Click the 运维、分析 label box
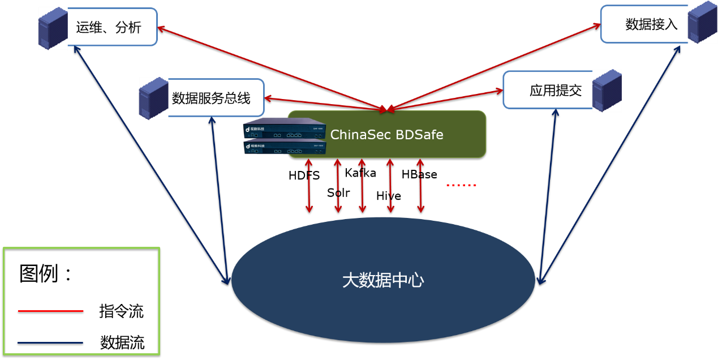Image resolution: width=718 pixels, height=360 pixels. pyautogui.click(x=109, y=27)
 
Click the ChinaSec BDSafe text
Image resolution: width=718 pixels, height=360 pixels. pyautogui.click(x=386, y=135)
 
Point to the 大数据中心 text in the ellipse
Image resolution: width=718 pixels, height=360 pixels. pyautogui.click(x=383, y=281)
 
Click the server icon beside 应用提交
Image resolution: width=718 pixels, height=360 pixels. pyautogui.click(x=607, y=90)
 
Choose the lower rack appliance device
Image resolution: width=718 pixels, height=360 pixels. pyautogui.click(x=283, y=147)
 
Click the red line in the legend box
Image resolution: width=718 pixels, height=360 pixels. pyautogui.click(x=50, y=311)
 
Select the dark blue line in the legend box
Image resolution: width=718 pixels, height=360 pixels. pyautogui.click(x=50, y=342)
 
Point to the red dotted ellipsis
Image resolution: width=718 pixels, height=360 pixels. pyautogui.click(x=461, y=185)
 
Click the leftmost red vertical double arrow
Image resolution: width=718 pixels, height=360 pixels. pyautogui.click(x=309, y=186)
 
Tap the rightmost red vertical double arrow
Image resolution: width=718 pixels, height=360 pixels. pyautogui.click(x=420, y=186)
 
